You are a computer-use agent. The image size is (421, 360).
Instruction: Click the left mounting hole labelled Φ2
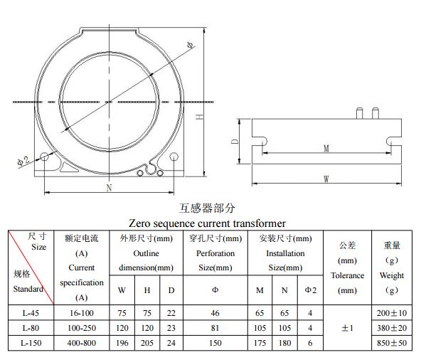(44, 157)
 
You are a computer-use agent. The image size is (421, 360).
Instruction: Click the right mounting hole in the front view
(174, 157)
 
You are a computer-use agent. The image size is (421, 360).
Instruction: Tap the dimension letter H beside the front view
(199, 117)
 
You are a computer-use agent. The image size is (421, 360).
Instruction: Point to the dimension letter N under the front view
(109, 188)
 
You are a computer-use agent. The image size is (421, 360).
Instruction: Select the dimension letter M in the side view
(326, 149)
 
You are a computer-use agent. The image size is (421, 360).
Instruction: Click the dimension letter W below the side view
(326, 179)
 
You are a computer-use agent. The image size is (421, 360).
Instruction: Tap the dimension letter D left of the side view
(235, 142)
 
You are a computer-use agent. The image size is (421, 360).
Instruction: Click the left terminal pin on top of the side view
(360, 113)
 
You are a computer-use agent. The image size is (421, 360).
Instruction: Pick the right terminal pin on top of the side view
(375, 113)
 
